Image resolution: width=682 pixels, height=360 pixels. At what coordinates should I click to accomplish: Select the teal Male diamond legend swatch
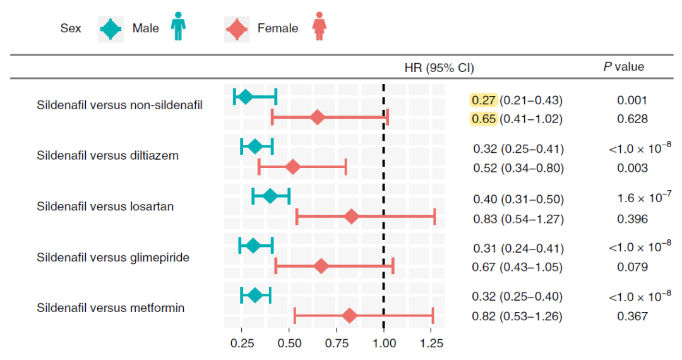pyautogui.click(x=111, y=28)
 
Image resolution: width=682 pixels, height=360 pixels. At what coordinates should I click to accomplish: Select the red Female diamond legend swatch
pyautogui.click(x=237, y=28)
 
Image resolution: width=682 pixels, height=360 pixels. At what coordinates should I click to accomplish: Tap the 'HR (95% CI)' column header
pyautogui.click(x=439, y=67)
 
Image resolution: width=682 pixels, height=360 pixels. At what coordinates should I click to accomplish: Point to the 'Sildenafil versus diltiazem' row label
pyautogui.click(x=107, y=155)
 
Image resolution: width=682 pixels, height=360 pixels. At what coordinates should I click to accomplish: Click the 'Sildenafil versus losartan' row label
pyautogui.click(x=105, y=207)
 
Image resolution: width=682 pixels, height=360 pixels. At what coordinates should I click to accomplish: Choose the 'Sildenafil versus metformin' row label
pyautogui.click(x=111, y=308)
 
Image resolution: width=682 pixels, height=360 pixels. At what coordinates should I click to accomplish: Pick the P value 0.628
pyautogui.click(x=633, y=118)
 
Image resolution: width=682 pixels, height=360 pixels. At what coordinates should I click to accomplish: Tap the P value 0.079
pyautogui.click(x=633, y=267)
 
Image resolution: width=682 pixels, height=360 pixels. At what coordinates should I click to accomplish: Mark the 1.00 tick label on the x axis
pyautogui.click(x=384, y=344)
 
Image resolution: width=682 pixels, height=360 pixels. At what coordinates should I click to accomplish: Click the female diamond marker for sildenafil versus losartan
pyautogui.click(x=352, y=217)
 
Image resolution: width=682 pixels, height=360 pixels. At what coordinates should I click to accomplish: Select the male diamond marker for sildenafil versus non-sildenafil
pyautogui.click(x=245, y=97)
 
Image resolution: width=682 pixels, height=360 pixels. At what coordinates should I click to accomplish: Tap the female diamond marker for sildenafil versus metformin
pyautogui.click(x=349, y=316)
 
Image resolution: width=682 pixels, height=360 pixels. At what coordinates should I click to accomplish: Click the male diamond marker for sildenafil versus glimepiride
pyautogui.click(x=253, y=245)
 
